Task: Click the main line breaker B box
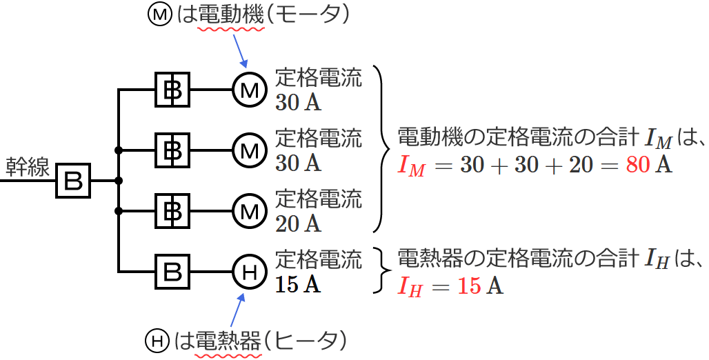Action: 73,181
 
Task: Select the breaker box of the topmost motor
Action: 172,90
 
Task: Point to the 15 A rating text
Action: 298,284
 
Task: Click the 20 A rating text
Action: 298,223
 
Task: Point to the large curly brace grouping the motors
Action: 380,148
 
